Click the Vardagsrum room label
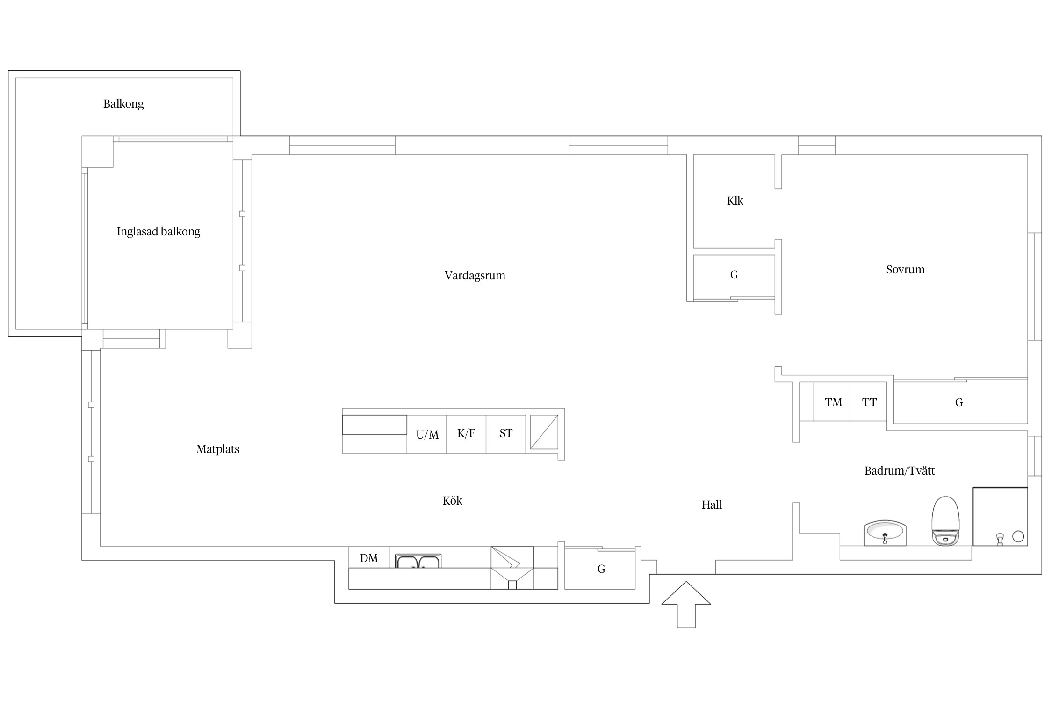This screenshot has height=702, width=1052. [475, 276]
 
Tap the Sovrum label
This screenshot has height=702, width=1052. [905, 270]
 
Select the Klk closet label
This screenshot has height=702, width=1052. [735, 201]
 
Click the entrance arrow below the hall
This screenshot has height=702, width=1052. [686, 604]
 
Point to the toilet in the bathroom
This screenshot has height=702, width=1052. [945, 521]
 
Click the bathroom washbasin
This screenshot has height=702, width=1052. [885, 533]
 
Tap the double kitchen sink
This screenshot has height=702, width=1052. [418, 561]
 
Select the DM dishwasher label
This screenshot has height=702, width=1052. [369, 558]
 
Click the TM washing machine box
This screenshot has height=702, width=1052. [831, 402]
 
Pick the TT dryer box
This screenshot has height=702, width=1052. [868, 402]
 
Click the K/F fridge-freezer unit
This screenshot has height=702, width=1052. [466, 434]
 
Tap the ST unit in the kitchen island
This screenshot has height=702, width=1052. [506, 434]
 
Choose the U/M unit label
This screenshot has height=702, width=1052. [427, 435]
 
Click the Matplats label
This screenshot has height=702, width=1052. [218, 449]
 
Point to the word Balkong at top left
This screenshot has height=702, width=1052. [123, 104]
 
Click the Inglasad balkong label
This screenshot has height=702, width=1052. [159, 232]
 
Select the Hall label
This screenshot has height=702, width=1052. [712, 505]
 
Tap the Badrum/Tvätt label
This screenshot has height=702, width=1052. [900, 471]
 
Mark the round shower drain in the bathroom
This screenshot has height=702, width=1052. [1018, 536]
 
